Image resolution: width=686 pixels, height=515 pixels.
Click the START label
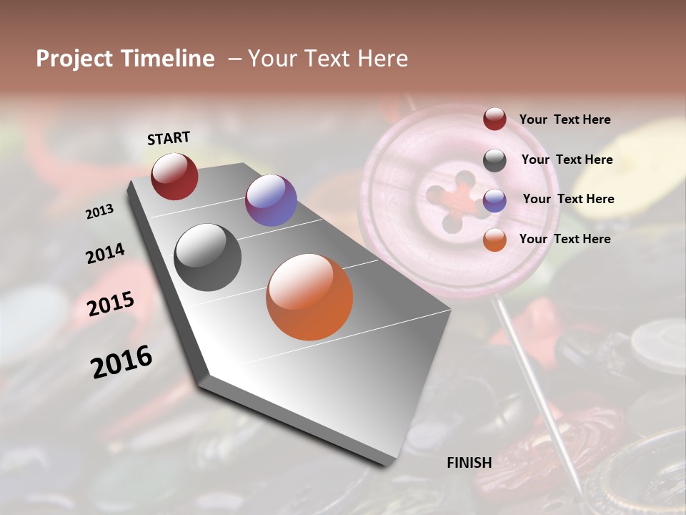169,138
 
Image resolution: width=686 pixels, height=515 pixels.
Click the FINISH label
469,463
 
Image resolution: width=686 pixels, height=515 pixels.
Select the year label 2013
100,212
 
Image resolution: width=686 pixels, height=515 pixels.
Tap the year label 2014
105,254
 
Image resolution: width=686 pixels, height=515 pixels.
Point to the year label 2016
121,362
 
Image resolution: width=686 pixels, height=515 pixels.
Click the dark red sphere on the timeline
174,176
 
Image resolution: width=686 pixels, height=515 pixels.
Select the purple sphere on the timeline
271,200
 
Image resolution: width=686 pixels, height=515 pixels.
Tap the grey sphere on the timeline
207,257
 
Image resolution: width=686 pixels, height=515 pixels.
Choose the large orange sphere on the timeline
309,297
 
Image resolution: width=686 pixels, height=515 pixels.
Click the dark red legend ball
494,119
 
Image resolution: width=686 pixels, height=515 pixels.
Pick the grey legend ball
494,160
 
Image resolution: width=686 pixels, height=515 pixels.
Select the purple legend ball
494,200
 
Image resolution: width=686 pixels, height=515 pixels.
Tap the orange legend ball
494,240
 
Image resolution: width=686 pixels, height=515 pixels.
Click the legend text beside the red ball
565,119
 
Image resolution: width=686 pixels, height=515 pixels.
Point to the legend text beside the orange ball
565,239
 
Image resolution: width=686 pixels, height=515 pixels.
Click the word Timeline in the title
167,59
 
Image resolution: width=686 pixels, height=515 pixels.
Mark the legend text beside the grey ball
567,160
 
